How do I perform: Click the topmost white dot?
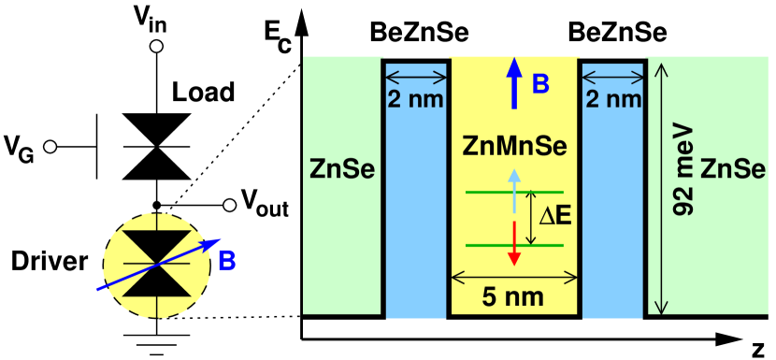(156, 46)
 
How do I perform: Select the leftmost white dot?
(50, 147)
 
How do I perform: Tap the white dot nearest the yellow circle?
(229, 205)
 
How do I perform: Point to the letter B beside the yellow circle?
(226, 261)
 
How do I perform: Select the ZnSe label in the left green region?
(343, 171)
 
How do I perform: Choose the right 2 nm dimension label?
(612, 100)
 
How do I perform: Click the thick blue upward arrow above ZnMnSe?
(513, 83)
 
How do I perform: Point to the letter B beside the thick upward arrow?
(540, 84)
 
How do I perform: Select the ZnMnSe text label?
(515, 147)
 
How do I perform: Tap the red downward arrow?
(513, 242)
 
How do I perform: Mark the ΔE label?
(554, 217)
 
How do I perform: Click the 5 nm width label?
(514, 298)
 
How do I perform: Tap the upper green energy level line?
(486, 192)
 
